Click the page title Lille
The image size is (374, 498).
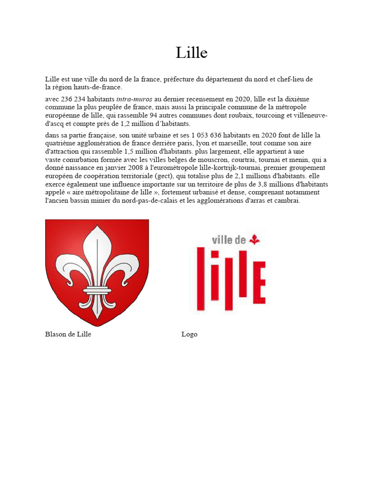coord(191,53)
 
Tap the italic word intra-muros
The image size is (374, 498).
coord(134,99)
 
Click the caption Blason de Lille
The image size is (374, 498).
coord(68,335)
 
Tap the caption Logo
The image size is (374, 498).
coord(189,335)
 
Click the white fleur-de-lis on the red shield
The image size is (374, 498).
coord(97,270)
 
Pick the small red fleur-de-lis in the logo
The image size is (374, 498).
coord(255,239)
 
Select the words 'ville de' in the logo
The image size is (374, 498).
coord(229,240)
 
